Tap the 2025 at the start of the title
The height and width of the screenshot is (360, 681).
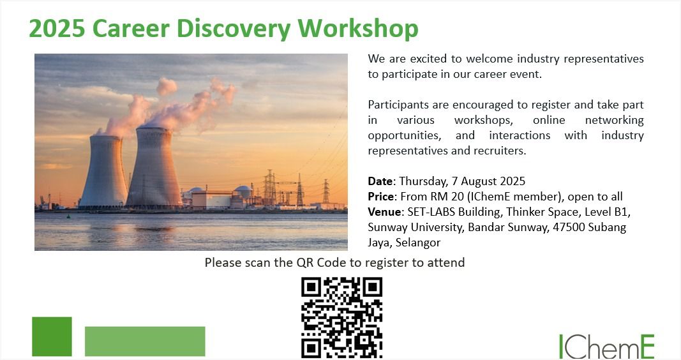57,29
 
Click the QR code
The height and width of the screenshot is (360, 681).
342,317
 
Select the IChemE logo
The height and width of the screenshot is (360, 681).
606,346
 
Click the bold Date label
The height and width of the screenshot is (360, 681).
380,181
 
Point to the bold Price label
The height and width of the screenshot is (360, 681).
381,197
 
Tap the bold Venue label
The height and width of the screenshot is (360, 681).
384,212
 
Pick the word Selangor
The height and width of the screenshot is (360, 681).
418,243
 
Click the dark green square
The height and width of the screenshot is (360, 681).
52,336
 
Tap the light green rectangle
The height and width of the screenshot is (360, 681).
145,341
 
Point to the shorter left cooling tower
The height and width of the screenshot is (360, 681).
104,172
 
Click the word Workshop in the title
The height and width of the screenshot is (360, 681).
358,29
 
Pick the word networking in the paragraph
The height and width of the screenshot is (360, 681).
614,120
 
